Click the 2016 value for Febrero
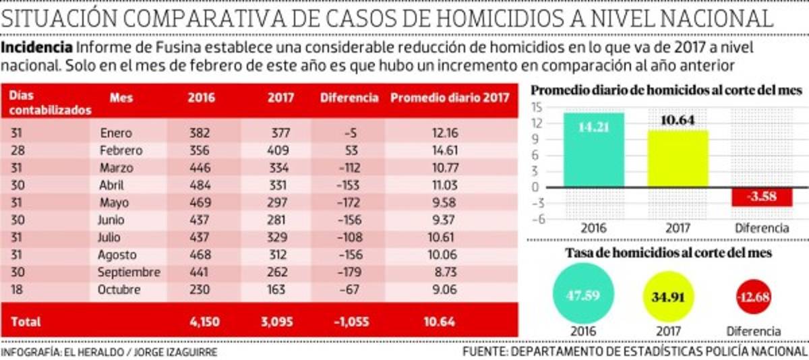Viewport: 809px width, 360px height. point(200,150)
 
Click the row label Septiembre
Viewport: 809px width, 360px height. point(129,272)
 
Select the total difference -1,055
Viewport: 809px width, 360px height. point(351,322)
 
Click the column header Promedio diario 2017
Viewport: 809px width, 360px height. point(450,97)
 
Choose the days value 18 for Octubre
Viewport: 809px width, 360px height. point(16,290)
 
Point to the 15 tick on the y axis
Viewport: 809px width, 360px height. point(537,107)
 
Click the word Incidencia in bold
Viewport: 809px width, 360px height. point(38,48)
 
